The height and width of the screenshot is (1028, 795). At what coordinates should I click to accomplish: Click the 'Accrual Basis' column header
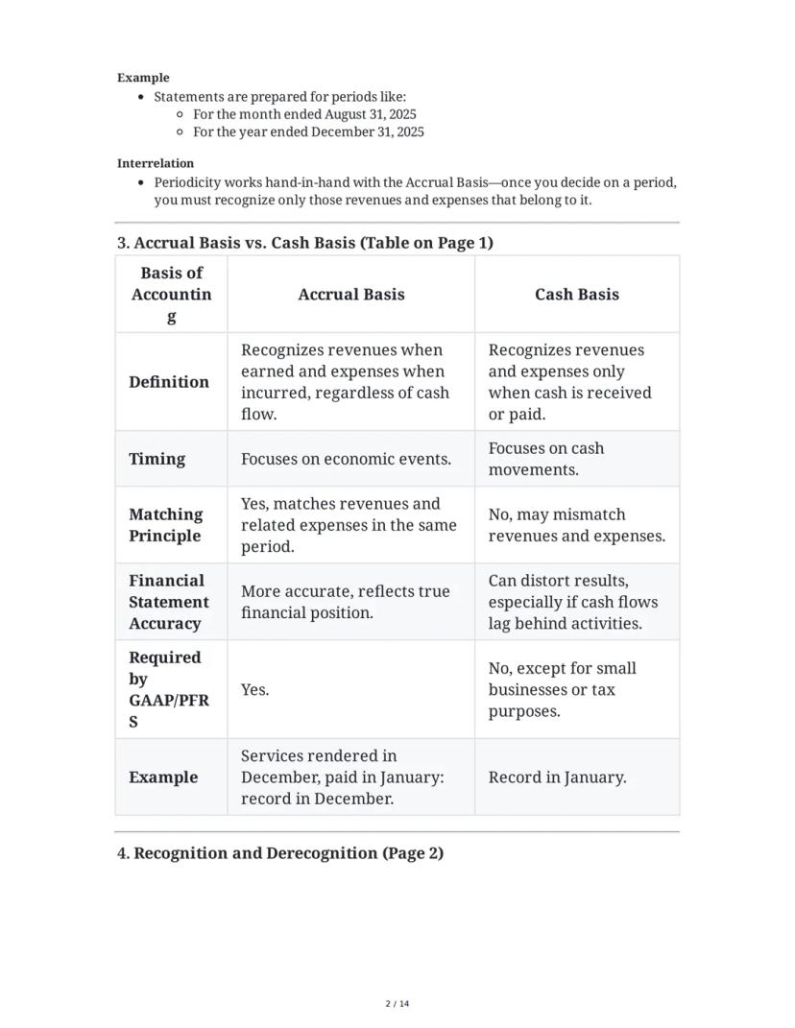pos(350,295)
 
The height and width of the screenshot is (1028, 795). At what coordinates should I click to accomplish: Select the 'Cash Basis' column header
pos(576,295)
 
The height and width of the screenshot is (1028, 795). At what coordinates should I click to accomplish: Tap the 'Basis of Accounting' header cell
pos(171,295)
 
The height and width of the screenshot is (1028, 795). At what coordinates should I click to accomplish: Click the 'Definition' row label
pos(169,382)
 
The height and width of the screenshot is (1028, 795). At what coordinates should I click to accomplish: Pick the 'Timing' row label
pos(157,459)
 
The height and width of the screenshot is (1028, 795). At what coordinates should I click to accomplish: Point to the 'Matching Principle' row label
pos(166,525)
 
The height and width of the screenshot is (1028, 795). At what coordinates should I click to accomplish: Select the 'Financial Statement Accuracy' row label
pos(169,602)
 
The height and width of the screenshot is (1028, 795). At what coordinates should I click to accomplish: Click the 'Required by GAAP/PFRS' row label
pos(168,689)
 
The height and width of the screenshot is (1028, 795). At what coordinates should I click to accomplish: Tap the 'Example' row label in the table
pos(163,777)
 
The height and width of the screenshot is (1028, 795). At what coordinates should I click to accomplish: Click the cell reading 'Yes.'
pos(255,690)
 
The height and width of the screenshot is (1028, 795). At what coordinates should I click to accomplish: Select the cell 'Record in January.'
pos(557,777)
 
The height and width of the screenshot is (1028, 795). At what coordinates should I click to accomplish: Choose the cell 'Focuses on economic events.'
pos(346,459)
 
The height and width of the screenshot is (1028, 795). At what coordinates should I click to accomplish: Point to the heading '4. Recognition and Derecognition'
pos(280,853)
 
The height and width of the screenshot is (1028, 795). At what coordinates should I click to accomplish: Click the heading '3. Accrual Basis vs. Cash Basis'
pos(305,243)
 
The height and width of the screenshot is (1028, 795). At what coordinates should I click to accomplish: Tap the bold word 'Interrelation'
pos(156,163)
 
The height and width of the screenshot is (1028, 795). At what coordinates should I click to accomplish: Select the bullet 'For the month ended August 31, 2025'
pos(304,114)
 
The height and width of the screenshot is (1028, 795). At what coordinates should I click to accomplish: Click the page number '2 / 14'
pos(397,1004)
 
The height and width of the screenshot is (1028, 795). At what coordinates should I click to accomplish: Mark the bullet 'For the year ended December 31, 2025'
pos(308,132)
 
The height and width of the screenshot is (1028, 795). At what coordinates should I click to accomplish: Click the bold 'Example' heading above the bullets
pos(143,78)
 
